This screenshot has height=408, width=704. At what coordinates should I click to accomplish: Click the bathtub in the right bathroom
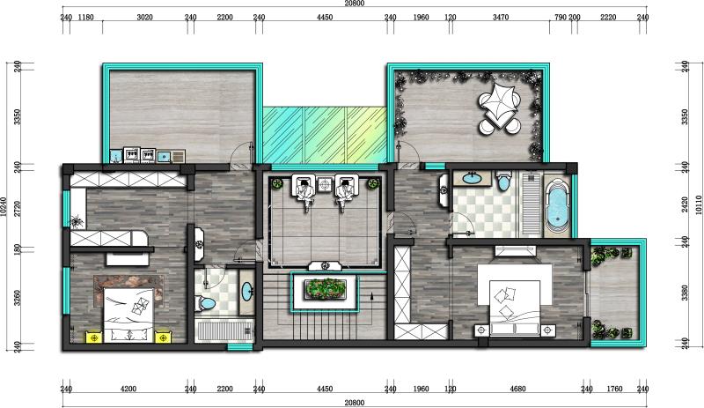pyautogui.click(x=557, y=206)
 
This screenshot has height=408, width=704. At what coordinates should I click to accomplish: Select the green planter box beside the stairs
pyautogui.click(x=325, y=289)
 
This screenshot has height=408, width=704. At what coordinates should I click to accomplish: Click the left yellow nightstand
pyautogui.click(x=94, y=337)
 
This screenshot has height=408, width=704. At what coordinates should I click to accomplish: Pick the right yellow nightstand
pyautogui.click(x=163, y=337)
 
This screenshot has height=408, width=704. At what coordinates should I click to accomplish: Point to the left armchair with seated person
pyautogui.click(x=304, y=189)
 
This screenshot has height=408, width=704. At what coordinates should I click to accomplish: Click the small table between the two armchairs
pyautogui.click(x=325, y=184)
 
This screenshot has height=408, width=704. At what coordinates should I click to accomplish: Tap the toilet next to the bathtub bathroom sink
pyautogui.click(x=503, y=181)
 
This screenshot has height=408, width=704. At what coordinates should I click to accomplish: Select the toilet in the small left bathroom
pyautogui.click(x=206, y=303)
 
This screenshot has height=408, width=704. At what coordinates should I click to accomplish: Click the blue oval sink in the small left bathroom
pyautogui.click(x=247, y=292)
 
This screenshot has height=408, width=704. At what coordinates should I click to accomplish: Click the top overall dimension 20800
pyautogui.click(x=355, y=4)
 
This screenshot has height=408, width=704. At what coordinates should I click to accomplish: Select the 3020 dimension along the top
pyautogui.click(x=144, y=18)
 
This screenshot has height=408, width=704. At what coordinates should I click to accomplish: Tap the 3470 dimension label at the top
pyautogui.click(x=501, y=18)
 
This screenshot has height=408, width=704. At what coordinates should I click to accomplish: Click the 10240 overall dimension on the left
pyautogui.click(x=4, y=206)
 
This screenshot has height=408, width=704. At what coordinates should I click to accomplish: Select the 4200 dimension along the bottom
pyautogui.click(x=128, y=389)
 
